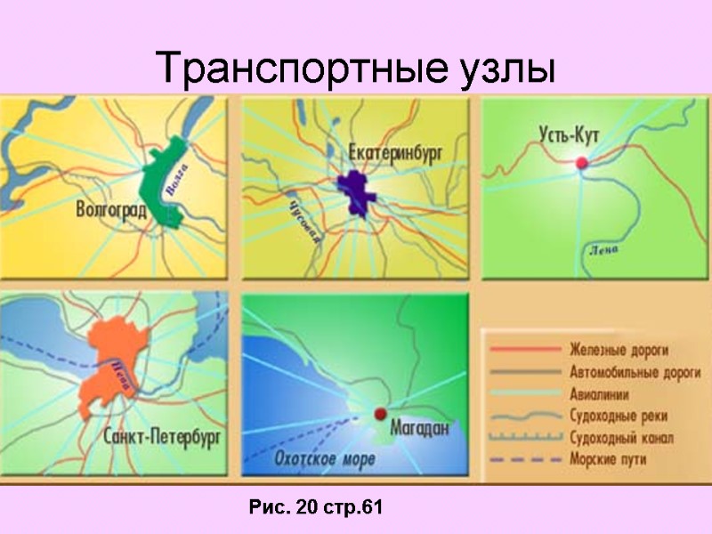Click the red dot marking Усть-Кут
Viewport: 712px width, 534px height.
click(x=582, y=163)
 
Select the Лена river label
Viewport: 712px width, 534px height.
click(x=603, y=249)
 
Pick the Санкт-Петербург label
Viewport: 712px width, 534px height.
click(x=162, y=437)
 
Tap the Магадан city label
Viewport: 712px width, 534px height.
click(x=417, y=429)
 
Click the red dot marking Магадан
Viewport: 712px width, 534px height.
click(x=379, y=413)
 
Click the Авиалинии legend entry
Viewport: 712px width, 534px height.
click(x=602, y=392)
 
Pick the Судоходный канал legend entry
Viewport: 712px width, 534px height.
click(x=620, y=437)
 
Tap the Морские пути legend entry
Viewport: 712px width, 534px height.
click(x=609, y=459)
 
